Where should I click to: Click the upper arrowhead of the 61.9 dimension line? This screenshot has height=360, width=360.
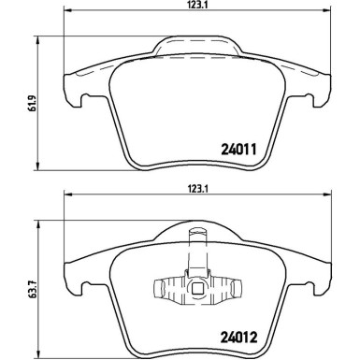(x=35, y=45)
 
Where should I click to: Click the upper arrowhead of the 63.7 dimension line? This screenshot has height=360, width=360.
(x=35, y=226)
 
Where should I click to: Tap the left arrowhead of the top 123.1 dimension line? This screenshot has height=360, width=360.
(x=65, y=17)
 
